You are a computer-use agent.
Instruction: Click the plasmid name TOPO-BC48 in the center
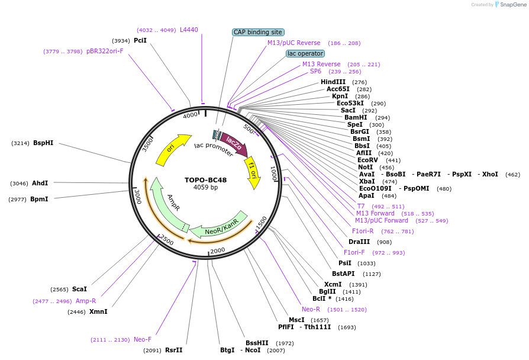[x=205, y=180]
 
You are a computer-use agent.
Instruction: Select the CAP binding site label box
[x=259, y=32]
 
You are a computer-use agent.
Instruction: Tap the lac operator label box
[x=305, y=53]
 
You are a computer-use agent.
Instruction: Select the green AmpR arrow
[x=167, y=204]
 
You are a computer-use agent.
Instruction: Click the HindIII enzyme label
[x=333, y=82]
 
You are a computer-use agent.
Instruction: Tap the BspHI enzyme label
[x=43, y=143]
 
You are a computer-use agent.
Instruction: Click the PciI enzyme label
[x=140, y=40]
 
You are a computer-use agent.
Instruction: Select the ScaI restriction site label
[x=79, y=289]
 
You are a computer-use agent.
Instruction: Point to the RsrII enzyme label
[x=174, y=350]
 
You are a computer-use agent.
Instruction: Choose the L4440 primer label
[x=189, y=29]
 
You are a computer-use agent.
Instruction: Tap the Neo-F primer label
[x=143, y=339]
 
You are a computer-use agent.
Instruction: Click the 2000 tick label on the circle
[x=218, y=251]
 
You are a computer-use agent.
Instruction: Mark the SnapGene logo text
[x=510, y=4]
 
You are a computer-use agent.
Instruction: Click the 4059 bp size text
[x=205, y=188]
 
